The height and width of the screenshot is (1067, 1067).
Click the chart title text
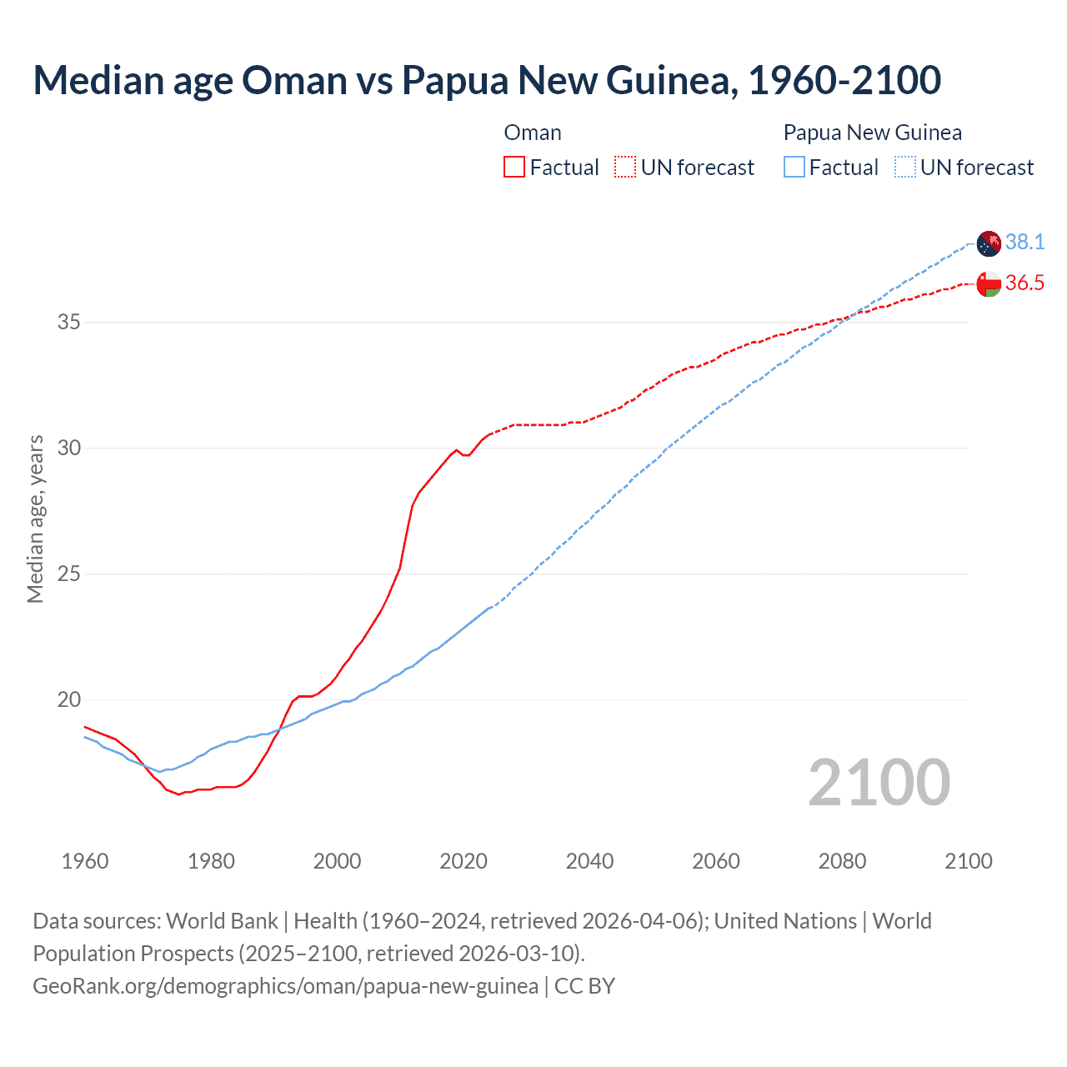tap(487, 80)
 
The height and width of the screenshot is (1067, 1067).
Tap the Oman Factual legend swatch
tap(514, 168)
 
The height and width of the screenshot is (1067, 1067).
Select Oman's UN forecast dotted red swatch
tap(625, 168)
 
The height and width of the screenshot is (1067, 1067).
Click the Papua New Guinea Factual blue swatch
tap(794, 168)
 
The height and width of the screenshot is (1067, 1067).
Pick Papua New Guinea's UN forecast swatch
tap(905, 168)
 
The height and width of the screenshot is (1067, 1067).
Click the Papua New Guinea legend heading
tap(872, 133)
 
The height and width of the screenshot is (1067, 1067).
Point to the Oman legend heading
tap(533, 133)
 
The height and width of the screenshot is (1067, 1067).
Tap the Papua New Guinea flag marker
tap(989, 243)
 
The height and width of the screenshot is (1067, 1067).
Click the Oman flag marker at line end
tap(989, 284)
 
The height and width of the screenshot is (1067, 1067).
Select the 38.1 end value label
tap(1024, 242)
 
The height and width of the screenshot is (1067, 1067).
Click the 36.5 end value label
tap(1024, 283)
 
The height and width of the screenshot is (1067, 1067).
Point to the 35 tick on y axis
tap(68, 322)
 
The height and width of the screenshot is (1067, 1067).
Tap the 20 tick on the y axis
tap(68, 700)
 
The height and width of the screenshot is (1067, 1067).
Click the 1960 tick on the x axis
tap(85, 861)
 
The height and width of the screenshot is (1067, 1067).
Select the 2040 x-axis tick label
tap(589, 861)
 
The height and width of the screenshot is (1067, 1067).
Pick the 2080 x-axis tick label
tap(842, 861)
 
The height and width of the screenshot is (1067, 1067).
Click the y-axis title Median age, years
tap(35, 518)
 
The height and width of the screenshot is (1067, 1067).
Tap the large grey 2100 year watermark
tap(879, 783)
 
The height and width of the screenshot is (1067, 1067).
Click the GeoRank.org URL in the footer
tap(285, 986)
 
